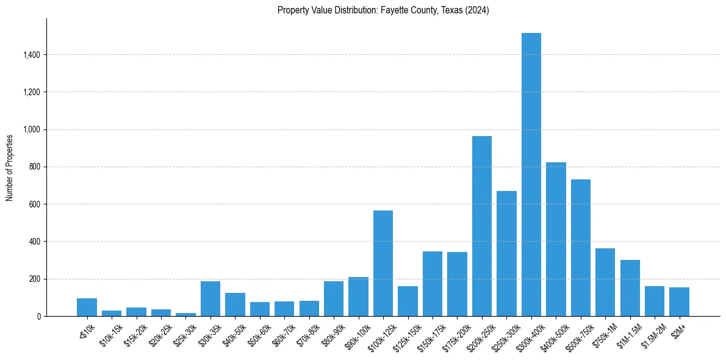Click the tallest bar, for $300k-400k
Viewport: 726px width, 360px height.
pyautogui.click(x=531, y=175)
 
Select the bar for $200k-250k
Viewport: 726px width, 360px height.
pyautogui.click(x=482, y=226)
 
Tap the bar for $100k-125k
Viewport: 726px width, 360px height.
pyautogui.click(x=383, y=263)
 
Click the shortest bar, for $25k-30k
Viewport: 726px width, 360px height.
pyautogui.click(x=185, y=314)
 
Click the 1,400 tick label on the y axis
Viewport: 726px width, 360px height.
pyautogui.click(x=31, y=55)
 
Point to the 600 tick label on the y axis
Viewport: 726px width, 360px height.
pyautogui.click(x=35, y=204)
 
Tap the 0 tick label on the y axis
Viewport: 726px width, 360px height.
pyautogui.click(x=38, y=317)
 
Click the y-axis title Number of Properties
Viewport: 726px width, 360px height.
pyautogui.click(x=10, y=167)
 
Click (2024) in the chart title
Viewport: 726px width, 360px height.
pyautogui.click(x=477, y=10)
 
